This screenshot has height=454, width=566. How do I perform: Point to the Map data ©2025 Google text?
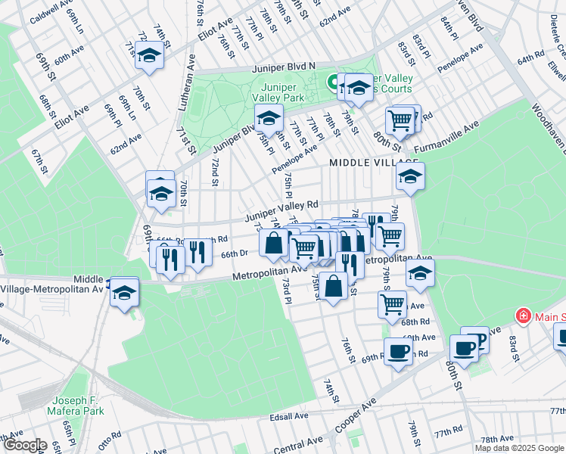coord(520,448)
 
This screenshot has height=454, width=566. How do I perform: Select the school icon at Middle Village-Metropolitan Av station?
coord(123,291)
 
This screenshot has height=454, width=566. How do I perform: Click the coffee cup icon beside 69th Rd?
coord(398,350)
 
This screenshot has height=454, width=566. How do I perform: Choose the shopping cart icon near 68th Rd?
coord(392,303)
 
